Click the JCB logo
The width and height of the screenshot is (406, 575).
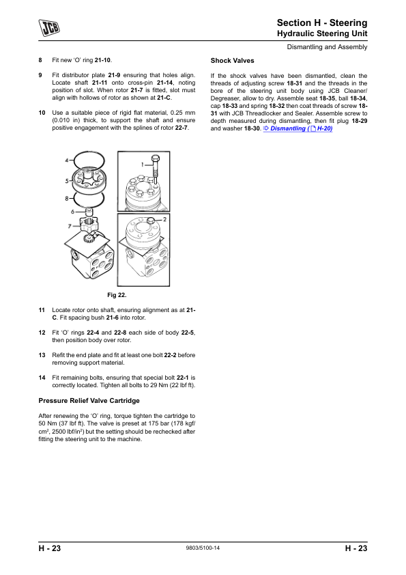tap(49, 28)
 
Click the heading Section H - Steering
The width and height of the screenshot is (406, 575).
tap(321, 23)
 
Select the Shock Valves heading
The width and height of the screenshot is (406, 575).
tap(232, 61)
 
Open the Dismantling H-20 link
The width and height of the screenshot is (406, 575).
tap(298, 128)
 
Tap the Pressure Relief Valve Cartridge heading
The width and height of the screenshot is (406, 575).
tap(89, 400)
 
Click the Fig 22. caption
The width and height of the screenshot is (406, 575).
tap(117, 295)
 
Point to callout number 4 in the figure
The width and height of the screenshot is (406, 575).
tap(67, 160)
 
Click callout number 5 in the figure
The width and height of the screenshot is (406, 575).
tap(67, 181)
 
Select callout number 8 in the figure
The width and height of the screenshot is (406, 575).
tap(67, 199)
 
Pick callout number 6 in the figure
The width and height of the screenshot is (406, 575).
tap(72, 212)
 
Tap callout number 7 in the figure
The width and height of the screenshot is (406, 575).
tap(69, 226)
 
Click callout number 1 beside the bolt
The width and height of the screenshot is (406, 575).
tap(143, 165)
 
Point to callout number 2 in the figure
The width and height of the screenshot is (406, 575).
tap(164, 219)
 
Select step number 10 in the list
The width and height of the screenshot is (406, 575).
tap(42, 113)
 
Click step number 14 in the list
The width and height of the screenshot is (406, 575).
tap(42, 378)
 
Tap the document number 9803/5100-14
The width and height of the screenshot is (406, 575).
tap(203, 548)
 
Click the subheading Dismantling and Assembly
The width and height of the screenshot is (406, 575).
tap(327, 47)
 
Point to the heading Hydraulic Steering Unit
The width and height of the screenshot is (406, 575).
tap(322, 33)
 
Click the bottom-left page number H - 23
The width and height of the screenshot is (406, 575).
tap(49, 548)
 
